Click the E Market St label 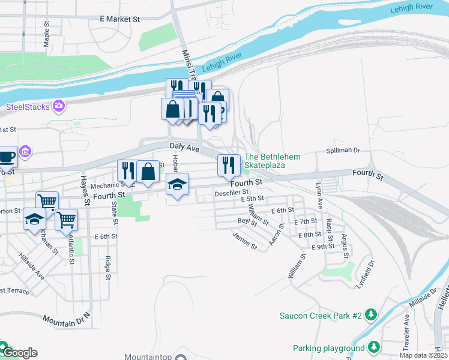click(119, 19)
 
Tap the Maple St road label click(46, 33)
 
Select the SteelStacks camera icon click(59, 106)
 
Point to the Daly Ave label click(184, 146)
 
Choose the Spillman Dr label click(342, 151)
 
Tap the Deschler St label click(231, 193)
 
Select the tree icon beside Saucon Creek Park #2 click(372, 315)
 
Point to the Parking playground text click(328, 348)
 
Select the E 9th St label click(323, 247)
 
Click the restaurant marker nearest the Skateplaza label click(228, 164)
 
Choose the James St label click(245, 242)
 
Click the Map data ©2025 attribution click(424, 355)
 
